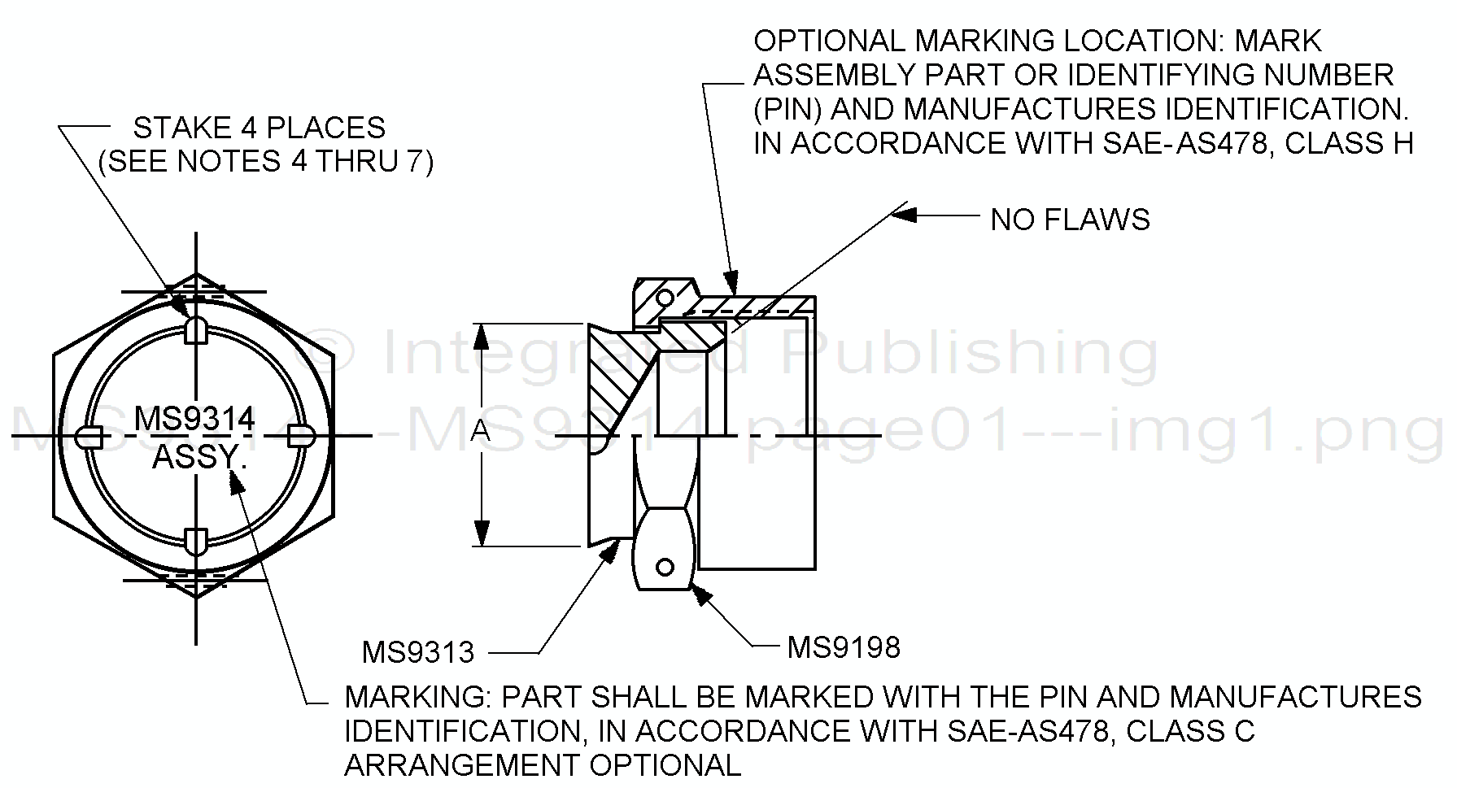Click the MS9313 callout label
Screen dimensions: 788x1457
418,651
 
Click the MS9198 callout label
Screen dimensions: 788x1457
844,647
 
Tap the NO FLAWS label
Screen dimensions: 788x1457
1070,220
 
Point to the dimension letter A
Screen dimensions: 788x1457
481,431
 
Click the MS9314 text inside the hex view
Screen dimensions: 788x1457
194,419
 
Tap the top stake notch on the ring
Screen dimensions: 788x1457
196,329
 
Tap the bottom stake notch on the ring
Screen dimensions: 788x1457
196,541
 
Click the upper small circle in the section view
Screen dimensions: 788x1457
665,296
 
